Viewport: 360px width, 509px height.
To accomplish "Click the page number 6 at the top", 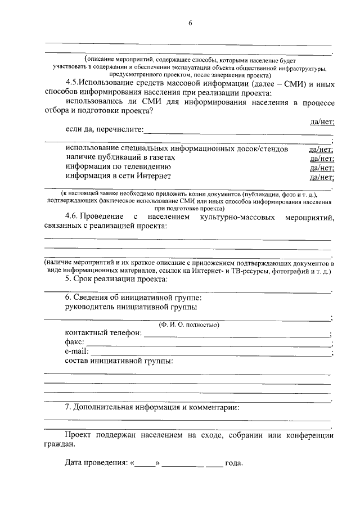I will [190, 22].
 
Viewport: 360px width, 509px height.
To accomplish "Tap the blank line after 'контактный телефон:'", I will [236, 334].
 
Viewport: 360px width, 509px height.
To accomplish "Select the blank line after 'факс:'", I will [208, 343].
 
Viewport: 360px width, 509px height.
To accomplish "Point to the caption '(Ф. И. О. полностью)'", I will [188, 325].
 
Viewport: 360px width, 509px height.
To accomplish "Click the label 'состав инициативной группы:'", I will [119, 361].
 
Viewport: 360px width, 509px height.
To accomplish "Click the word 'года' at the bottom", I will [234, 464].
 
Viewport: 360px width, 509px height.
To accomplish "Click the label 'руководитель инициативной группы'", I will [130, 307].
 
